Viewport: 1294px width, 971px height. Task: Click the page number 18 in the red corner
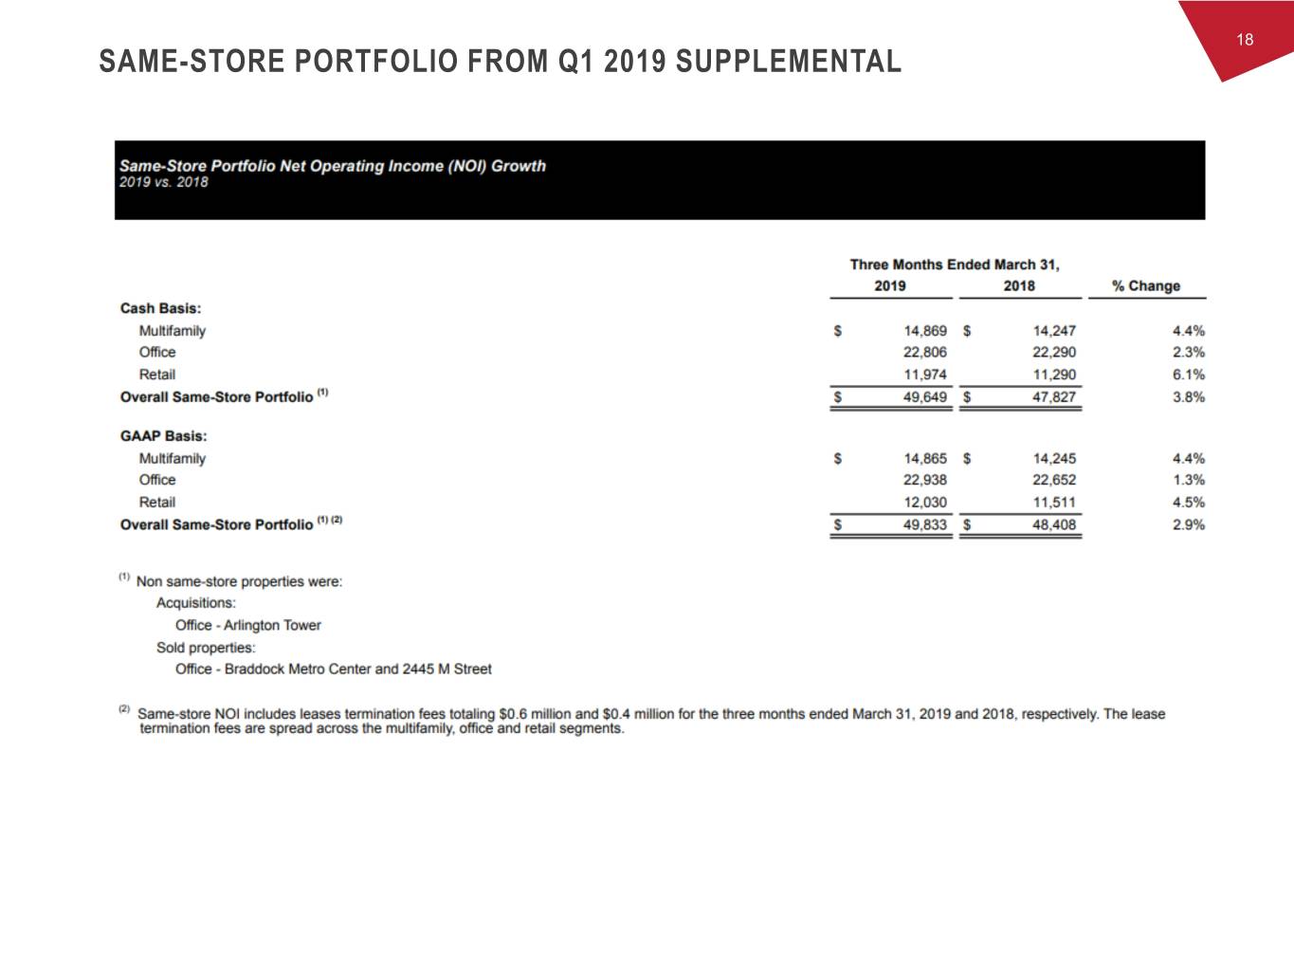1245,39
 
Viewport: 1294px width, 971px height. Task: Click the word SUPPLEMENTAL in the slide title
788,62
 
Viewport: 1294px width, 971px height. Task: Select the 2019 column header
889,285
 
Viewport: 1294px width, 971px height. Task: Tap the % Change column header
1146,285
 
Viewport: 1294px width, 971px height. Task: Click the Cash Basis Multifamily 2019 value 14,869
924,331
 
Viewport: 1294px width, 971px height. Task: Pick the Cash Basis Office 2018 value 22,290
1054,352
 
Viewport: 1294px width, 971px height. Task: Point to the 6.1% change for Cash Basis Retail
1188,375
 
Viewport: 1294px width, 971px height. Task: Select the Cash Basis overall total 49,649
924,396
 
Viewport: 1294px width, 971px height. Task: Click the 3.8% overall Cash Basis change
1188,396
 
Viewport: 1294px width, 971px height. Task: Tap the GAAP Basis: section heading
163,436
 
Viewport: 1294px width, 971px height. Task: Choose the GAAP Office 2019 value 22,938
924,480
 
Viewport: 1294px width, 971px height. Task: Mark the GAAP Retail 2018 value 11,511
1054,503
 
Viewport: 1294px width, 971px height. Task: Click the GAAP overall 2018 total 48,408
1054,524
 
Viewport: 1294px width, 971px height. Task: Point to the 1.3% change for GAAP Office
1188,480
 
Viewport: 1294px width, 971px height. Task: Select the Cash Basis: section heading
160,308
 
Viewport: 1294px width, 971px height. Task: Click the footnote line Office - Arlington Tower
248,625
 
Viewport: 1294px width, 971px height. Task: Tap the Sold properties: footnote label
206,648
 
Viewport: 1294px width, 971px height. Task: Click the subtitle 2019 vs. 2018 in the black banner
164,182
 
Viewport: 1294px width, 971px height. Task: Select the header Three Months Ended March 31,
954,265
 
